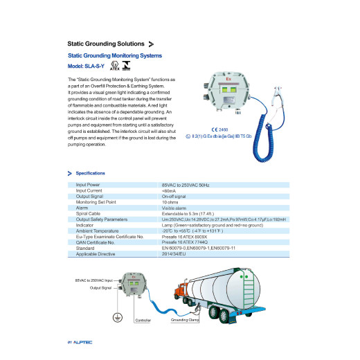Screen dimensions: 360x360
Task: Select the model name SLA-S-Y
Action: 87,66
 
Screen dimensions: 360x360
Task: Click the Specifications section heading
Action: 90,172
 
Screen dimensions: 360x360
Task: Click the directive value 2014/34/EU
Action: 174,253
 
